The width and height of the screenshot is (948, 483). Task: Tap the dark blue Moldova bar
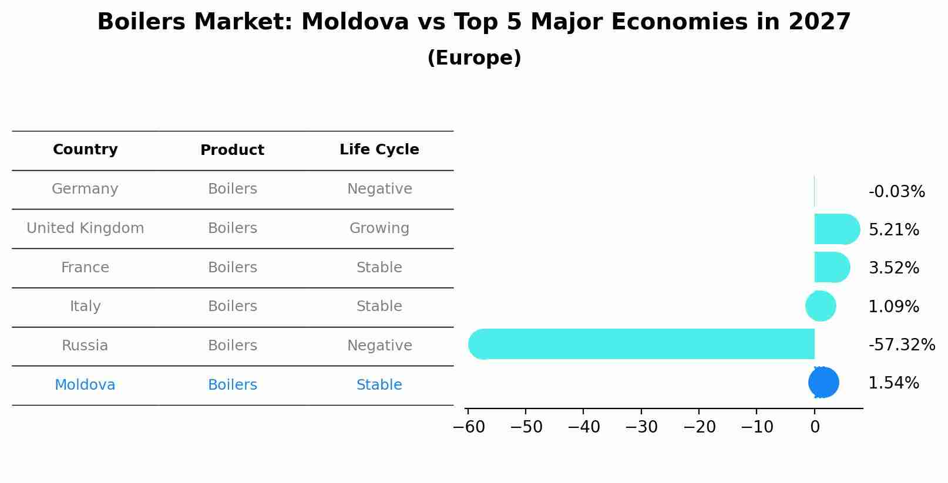click(823, 383)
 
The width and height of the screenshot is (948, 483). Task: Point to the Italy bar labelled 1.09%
click(821, 306)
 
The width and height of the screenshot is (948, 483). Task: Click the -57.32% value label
click(902, 344)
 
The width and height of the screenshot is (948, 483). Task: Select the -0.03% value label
click(896, 192)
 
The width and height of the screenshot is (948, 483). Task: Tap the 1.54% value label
click(893, 383)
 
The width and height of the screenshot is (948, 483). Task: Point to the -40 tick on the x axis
click(583, 427)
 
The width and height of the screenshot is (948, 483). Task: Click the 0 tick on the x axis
click(815, 427)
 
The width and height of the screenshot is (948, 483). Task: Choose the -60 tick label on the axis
click(469, 427)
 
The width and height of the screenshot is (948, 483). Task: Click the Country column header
click(85, 150)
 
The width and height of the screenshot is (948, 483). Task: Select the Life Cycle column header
click(379, 150)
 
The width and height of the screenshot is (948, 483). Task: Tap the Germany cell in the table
click(85, 189)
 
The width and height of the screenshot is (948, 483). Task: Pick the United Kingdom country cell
click(85, 228)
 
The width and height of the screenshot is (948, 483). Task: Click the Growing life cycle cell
click(379, 228)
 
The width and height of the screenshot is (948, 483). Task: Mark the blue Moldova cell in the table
click(85, 385)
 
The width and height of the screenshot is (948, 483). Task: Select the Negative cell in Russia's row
click(379, 346)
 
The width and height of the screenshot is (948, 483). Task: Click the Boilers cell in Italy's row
click(233, 306)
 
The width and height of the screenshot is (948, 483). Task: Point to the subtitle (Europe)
click(474, 58)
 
